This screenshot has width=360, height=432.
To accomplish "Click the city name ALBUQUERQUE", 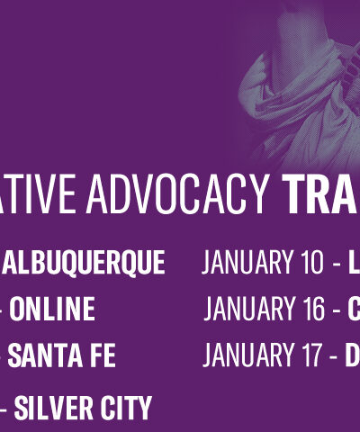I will pyautogui.click(x=85, y=263).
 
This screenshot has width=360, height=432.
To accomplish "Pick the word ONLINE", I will pyautogui.click(x=52, y=310).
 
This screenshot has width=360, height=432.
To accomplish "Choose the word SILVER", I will pyautogui.click(x=51, y=408).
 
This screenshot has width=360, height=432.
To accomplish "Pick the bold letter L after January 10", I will pyautogui.click(x=354, y=263).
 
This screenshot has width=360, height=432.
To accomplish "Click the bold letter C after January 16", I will pyautogui.click(x=354, y=310).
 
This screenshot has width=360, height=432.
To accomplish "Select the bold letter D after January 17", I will pyautogui.click(x=353, y=355).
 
